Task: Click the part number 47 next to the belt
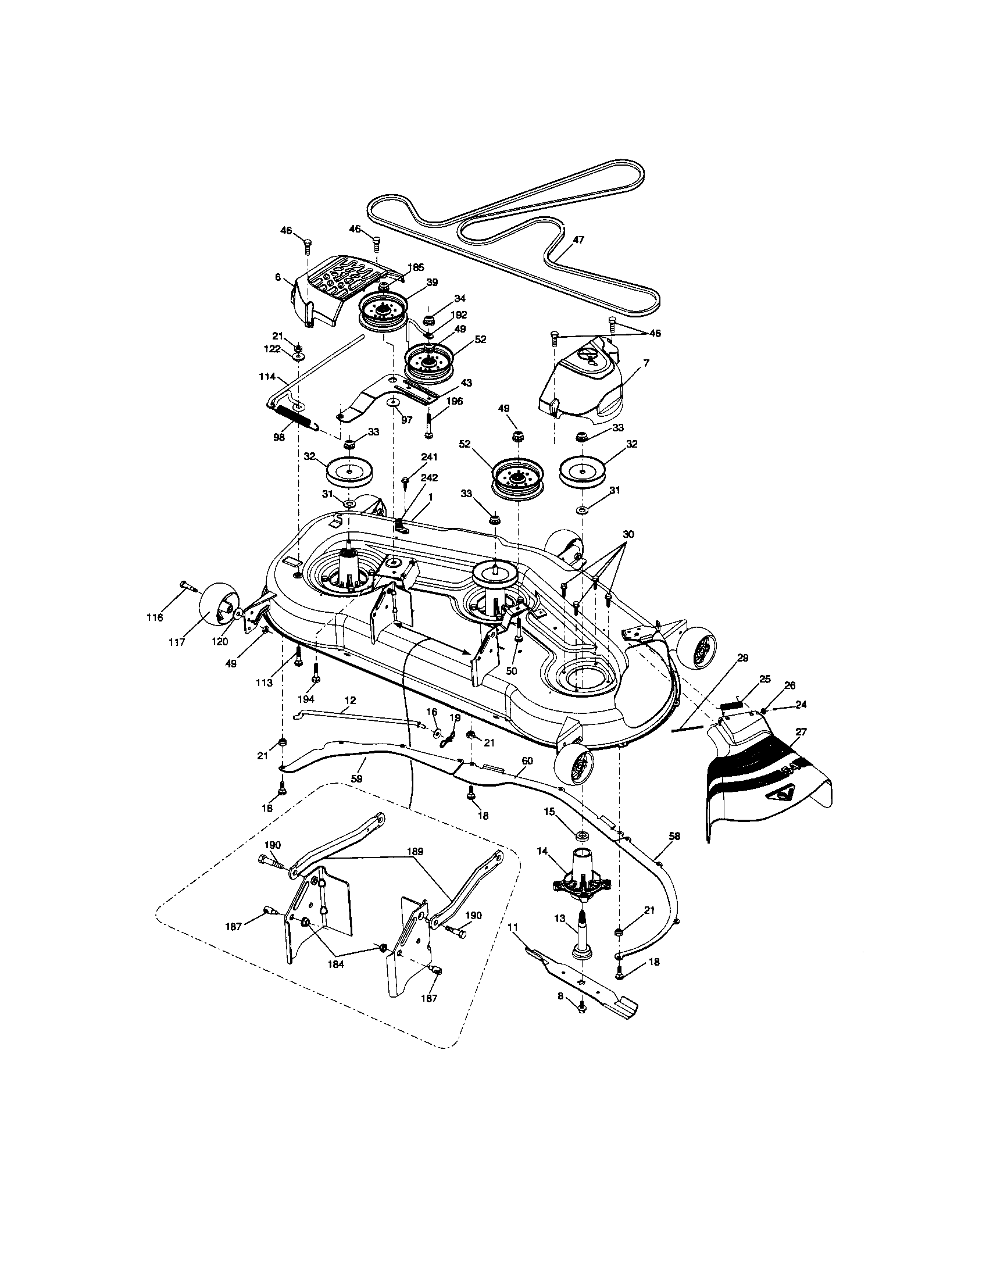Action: click(578, 240)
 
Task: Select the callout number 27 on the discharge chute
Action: click(801, 732)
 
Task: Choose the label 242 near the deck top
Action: click(428, 477)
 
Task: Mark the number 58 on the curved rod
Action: click(674, 837)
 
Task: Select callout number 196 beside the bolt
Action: click(454, 401)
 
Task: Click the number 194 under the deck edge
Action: click(306, 699)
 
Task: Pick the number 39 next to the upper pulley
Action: click(431, 282)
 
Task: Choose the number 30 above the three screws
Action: click(628, 535)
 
